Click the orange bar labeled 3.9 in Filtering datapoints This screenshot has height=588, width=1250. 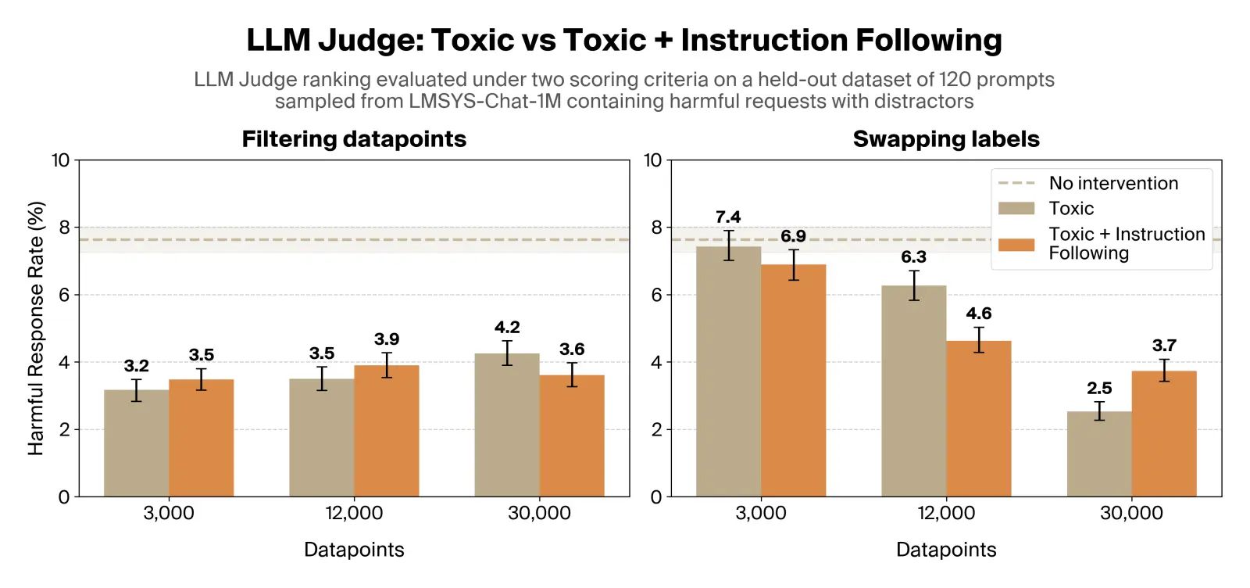pos(386,431)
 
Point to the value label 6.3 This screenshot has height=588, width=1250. pos(913,257)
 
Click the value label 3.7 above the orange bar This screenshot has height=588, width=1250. pos(1163,346)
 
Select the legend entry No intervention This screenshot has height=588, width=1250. pos(1112,184)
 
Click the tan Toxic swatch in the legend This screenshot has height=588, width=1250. pos(1016,209)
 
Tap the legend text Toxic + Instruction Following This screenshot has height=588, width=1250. pos(1126,243)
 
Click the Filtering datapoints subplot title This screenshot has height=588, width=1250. pos(354,139)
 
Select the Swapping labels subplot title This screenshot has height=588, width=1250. pos(945,139)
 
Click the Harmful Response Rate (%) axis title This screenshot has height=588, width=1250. pos(36,328)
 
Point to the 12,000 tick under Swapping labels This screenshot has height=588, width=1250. pos(945,514)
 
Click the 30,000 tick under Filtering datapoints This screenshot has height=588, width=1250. pos(539,514)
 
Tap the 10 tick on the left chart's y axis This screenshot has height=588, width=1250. pos(61,160)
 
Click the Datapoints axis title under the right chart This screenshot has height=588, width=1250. pos(945,550)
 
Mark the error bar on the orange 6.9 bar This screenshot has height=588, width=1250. pos(793,265)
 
